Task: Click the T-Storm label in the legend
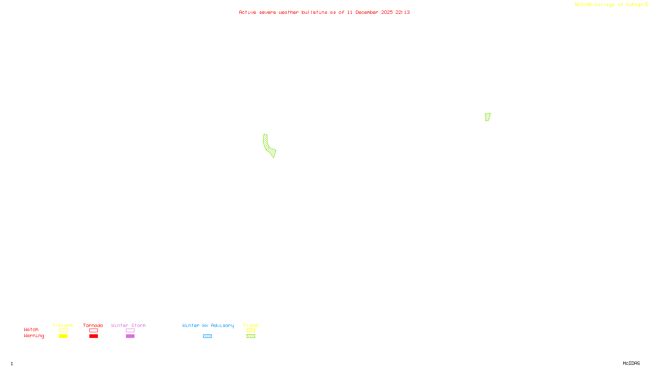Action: point(63,325)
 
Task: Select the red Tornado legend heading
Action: point(93,325)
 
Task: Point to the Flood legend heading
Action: point(251,325)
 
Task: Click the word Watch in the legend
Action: point(31,329)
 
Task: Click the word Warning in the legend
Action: point(34,336)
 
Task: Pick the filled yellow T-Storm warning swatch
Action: point(63,336)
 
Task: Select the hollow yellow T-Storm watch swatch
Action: point(63,331)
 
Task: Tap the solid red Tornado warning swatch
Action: point(94,336)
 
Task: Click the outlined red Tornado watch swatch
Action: point(94,331)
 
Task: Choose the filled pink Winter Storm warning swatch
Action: point(130,336)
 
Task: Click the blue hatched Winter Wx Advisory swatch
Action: point(207,336)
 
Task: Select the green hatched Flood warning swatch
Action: point(251,336)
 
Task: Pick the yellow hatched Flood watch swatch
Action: point(251,331)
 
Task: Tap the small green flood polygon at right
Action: point(487,117)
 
